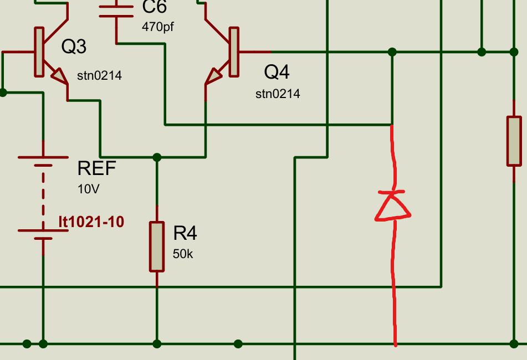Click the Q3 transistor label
click(74, 47)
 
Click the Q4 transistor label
click(277, 71)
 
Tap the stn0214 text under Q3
click(99, 75)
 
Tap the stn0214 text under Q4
click(278, 94)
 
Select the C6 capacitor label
click(154, 7)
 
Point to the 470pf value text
click(158, 26)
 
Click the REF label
click(97, 168)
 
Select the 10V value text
click(88, 189)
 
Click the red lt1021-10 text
click(91, 222)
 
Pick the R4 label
click(185, 233)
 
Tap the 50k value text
click(183, 254)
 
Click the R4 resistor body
click(157, 246)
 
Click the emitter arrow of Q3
click(58, 75)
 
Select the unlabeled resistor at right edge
click(514, 141)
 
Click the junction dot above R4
click(157, 157)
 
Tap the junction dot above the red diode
click(392, 52)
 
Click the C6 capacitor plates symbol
click(117, 13)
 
